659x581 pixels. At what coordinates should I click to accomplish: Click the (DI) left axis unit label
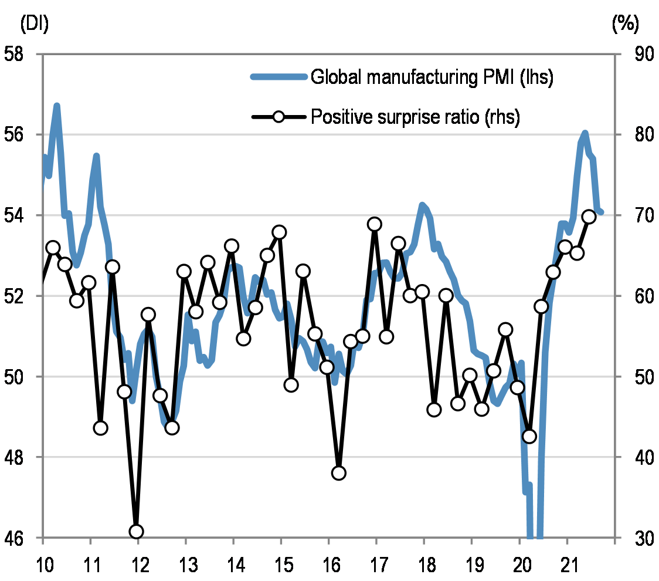tap(35, 24)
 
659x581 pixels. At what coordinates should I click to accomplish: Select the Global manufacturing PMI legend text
tap(432, 77)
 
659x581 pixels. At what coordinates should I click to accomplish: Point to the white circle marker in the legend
tap(278, 117)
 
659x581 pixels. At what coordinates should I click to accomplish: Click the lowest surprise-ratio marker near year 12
tap(137, 532)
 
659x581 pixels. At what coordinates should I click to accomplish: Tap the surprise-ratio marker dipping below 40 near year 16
tap(338, 473)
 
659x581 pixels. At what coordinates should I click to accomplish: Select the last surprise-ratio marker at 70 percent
tap(589, 217)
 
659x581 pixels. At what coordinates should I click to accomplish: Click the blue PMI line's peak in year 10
tap(57, 106)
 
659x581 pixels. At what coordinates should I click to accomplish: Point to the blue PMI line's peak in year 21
tap(585, 134)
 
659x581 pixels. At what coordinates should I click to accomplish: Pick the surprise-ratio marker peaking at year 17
tap(375, 224)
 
